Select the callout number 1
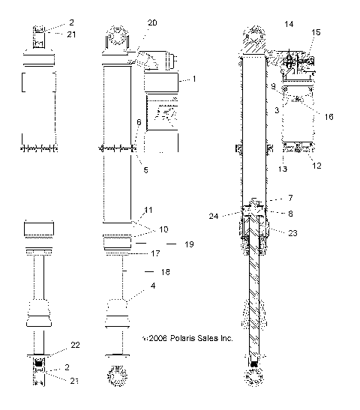tap(193, 79)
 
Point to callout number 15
tap(315, 32)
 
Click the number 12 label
tap(316, 166)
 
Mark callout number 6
tap(138, 121)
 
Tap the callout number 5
tap(145, 170)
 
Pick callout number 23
tap(292, 232)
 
